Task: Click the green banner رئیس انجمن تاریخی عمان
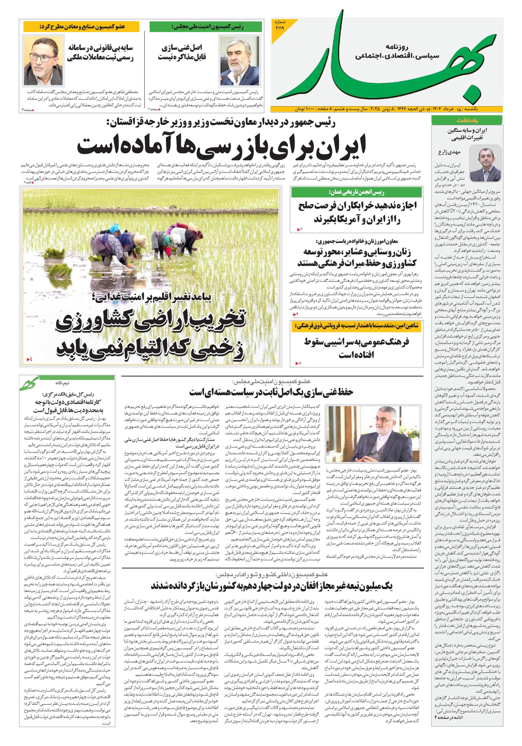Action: click(x=356, y=192)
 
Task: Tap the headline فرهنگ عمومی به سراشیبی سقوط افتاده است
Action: click(x=356, y=348)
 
